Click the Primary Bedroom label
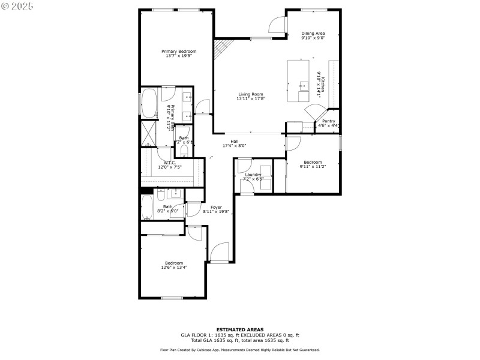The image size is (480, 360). coord(179,52)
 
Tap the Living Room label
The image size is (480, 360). coord(251,94)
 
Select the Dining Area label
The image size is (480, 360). coord(313,34)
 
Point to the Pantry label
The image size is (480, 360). coord(328,121)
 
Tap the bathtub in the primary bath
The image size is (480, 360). coord(149,103)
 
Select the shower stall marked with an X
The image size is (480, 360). coord(148,133)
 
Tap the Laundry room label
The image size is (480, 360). coord(253,175)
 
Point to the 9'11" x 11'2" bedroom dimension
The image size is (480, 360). coord(312,167)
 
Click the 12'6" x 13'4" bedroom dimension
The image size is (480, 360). coord(174,268)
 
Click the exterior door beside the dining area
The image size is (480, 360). coord(277,24)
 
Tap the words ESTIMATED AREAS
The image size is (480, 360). coord(240,329)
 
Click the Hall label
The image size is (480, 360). coord(235,142)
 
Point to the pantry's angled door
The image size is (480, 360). coord(314,112)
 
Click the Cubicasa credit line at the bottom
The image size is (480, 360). coord(240,350)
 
